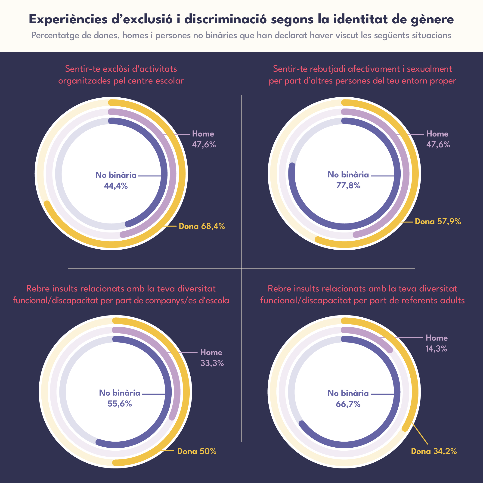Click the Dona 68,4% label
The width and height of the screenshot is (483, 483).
tap(202, 226)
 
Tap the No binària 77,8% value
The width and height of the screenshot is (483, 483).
tap(348, 186)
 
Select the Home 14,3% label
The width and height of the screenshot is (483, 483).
tap(437, 343)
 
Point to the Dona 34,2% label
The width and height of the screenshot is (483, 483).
tap(434, 451)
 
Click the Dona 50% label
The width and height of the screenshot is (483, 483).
tap(197, 451)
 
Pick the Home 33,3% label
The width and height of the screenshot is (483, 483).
tap(211, 358)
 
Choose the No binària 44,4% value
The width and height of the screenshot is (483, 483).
tap(116, 186)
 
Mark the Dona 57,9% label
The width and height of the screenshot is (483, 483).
tap(438, 222)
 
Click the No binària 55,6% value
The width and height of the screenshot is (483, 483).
tap(120, 404)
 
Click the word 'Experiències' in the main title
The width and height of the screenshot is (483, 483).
tap(68, 19)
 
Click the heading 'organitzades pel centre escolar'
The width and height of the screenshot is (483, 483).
tap(121, 81)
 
